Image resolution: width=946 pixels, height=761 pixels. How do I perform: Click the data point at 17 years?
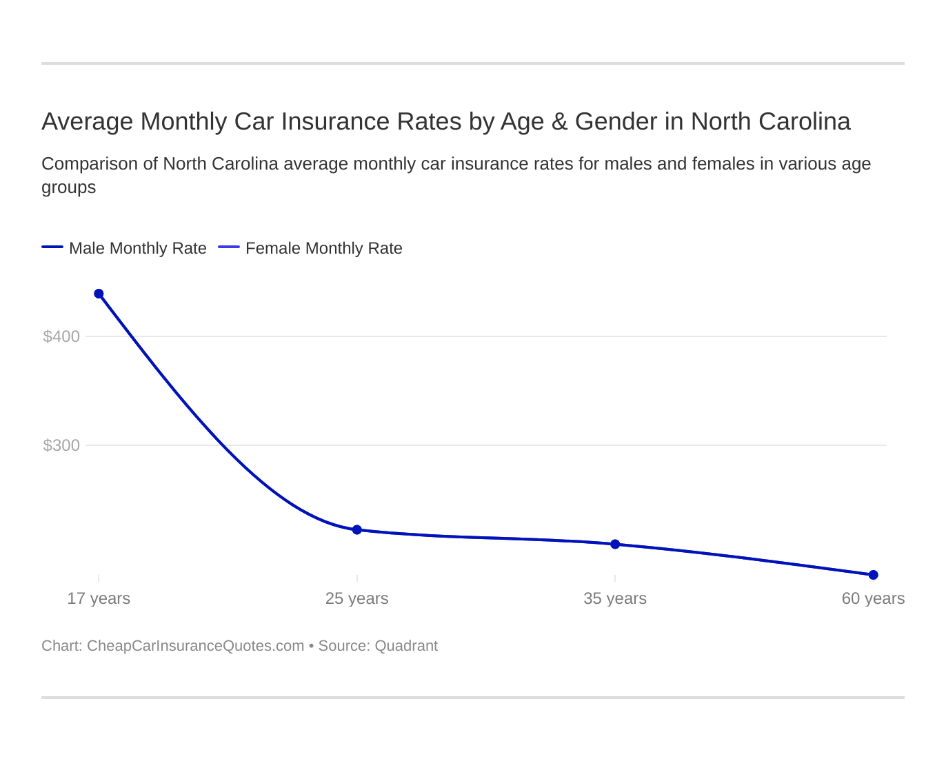point(99,294)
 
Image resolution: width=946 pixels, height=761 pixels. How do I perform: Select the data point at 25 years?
point(357,529)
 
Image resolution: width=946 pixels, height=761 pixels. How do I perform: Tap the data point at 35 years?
point(615,544)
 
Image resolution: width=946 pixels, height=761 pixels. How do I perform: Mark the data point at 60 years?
point(873,575)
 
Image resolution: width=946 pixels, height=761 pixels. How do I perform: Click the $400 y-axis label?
point(61,336)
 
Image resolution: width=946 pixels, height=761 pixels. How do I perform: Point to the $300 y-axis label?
point(61,445)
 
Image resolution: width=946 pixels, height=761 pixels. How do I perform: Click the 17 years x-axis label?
point(99,598)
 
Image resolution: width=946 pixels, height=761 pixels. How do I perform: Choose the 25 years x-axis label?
point(356,598)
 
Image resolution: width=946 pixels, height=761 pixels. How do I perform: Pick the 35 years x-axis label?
point(615,598)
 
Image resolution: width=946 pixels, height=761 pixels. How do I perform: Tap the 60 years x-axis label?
point(873,598)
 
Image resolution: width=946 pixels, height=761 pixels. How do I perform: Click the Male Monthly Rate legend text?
point(138,248)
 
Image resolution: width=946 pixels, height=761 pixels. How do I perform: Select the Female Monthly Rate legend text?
point(323,248)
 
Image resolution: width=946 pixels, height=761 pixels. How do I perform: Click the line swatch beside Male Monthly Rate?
point(52,247)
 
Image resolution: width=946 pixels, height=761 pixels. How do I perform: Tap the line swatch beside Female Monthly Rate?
point(229,247)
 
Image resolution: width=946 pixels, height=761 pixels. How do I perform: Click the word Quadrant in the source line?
point(406,646)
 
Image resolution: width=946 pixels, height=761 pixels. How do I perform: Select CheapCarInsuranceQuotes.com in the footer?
point(195,646)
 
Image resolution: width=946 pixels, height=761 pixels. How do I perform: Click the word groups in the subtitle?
point(68,187)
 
